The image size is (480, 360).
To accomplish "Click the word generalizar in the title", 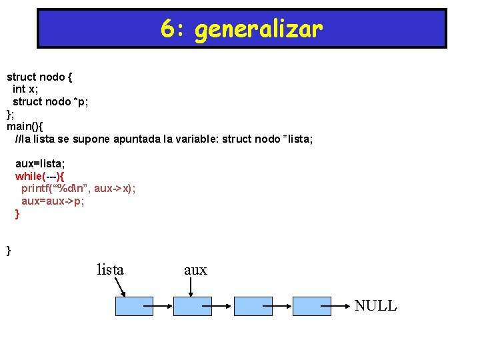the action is coord(259,29).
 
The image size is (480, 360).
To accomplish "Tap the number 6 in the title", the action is coord(167,29).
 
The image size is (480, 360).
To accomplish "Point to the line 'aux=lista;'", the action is coord(40,163).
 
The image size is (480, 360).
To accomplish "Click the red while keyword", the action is coord(29,176).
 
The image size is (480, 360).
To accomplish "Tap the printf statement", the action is coord(79,189).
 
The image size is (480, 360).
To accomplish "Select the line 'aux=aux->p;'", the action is coord(53,201).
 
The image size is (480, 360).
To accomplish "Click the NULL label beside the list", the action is coord(375,306).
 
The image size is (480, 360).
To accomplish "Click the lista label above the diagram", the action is coord(110,270).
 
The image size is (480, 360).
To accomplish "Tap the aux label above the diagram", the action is coord(195,270).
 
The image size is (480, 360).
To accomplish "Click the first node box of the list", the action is coord(134,306).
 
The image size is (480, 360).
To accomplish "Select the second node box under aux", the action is coord(193,306).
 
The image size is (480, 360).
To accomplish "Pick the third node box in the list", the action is coord(252,306).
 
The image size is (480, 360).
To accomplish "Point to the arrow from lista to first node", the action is coord(120,287).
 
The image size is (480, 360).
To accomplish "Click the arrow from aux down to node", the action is coord(191,287).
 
